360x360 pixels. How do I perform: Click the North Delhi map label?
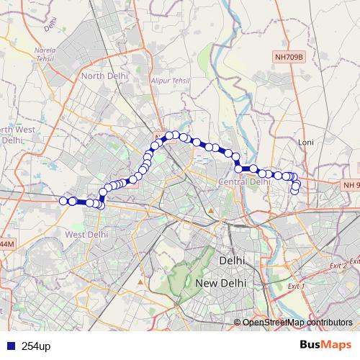pos(104,76)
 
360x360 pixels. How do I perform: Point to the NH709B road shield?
pos(290,55)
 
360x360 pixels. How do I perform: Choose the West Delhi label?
pos(86,234)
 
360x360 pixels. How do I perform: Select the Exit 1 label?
pos(296,287)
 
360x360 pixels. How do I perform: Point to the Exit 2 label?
pos(338,266)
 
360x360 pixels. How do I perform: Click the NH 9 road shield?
pos(351,186)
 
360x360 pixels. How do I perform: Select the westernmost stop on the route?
pos(63,201)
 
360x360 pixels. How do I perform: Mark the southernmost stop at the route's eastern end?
pos(295,190)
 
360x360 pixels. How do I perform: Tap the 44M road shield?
pos(6,245)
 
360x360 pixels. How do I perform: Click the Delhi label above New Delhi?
pos(232,260)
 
